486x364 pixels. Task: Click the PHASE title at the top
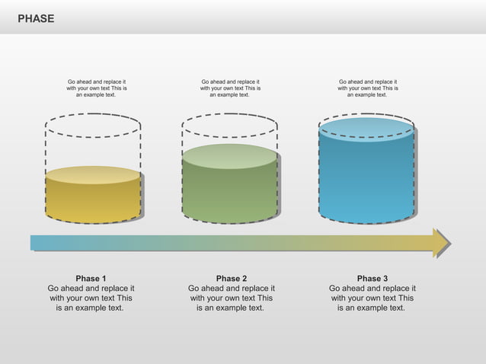point(36,18)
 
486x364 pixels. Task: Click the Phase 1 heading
point(91,279)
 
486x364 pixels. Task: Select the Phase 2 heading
point(232,279)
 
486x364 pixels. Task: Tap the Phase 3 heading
point(372,279)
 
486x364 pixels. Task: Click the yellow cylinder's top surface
point(93,175)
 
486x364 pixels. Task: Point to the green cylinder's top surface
point(230,156)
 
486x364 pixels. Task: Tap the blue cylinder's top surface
point(366,129)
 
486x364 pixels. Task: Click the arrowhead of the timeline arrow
point(441,242)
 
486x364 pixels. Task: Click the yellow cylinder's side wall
point(93,202)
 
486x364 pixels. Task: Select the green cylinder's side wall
point(230,194)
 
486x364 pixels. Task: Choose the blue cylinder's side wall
point(366,183)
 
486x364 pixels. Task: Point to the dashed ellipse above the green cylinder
point(230,117)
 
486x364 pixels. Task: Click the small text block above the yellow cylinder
point(97,88)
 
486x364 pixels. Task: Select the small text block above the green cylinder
point(230,88)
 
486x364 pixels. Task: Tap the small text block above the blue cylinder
point(367,88)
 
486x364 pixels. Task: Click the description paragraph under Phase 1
point(91,299)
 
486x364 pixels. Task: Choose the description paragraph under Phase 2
point(232,299)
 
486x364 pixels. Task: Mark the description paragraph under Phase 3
point(372,299)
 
